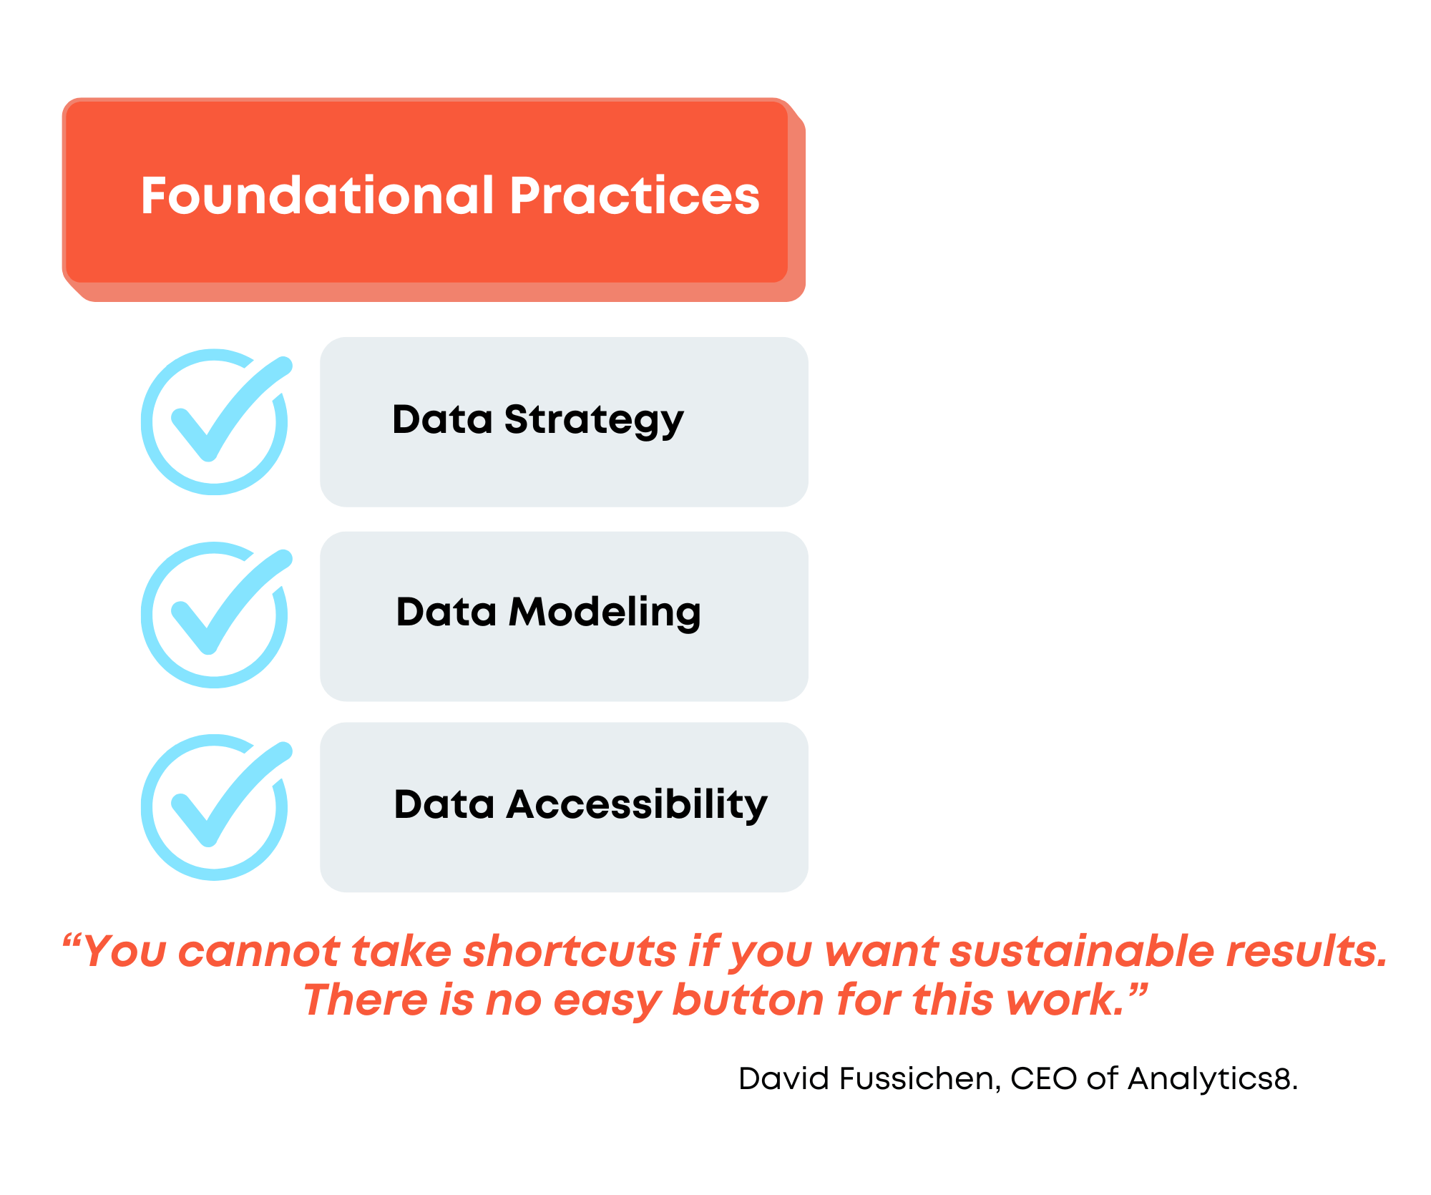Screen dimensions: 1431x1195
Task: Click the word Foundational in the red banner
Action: (318, 195)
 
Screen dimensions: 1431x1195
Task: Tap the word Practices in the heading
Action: (635, 195)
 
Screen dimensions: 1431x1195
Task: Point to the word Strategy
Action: (594, 421)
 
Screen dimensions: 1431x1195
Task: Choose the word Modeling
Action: (605, 613)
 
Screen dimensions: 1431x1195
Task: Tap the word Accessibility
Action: (637, 805)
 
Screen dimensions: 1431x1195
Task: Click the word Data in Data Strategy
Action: (443, 419)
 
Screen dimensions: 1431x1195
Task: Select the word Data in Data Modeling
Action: (446, 612)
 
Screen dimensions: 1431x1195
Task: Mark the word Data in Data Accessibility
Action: (444, 804)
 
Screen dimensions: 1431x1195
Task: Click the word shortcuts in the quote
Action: (570, 952)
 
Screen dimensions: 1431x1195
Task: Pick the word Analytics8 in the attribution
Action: (1213, 1079)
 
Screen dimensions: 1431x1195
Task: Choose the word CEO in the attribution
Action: (1044, 1078)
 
